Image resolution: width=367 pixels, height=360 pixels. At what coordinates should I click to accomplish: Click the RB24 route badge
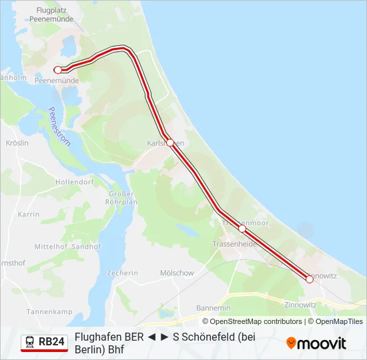coord(45,343)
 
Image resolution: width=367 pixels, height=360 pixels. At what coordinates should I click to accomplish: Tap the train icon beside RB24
coord(30,343)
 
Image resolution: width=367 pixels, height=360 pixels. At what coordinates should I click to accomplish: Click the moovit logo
coord(316,343)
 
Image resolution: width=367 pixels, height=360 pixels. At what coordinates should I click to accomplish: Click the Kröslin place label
coord(17,143)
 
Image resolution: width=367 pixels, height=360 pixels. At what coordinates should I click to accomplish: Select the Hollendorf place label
coord(75,181)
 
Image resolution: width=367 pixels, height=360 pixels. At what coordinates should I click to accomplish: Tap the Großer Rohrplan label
coord(122,198)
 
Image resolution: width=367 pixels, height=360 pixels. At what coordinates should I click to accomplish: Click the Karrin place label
coord(29,215)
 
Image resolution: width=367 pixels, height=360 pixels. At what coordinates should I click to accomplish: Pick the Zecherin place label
coord(122,273)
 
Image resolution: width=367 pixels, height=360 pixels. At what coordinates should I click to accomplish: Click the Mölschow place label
coord(177,273)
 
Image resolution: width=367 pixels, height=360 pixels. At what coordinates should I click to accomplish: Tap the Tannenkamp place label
coord(49,311)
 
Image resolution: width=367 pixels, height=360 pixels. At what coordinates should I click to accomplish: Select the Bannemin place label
coord(214,308)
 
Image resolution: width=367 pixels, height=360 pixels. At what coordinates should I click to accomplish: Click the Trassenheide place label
coord(234,244)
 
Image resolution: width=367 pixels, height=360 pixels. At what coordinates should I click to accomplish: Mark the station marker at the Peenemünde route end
coord(58,69)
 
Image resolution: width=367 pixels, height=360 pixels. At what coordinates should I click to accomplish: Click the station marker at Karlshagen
coord(170,143)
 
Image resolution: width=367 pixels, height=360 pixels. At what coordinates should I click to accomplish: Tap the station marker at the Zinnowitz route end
coord(310,279)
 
